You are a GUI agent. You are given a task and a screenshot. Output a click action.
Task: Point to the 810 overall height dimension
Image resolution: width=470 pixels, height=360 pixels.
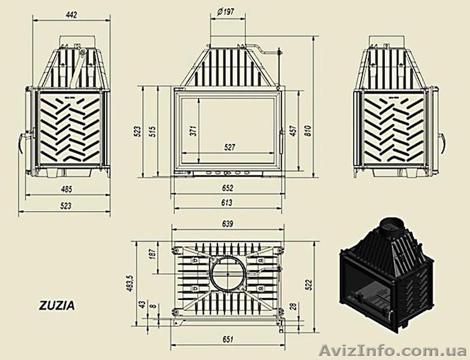(x=307, y=131)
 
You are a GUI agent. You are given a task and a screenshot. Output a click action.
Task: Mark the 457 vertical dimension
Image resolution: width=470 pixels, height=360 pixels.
(x=294, y=131)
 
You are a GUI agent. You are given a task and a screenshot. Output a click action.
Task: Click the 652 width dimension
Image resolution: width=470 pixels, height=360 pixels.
(x=227, y=188)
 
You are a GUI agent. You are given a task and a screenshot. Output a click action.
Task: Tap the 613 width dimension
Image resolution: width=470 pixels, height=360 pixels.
(x=227, y=204)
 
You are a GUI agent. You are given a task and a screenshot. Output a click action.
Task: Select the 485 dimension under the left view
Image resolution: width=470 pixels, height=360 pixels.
(x=66, y=190)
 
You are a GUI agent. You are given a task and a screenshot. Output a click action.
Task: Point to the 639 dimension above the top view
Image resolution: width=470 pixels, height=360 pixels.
(x=227, y=223)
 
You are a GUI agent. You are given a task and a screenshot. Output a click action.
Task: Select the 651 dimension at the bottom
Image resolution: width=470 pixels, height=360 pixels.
(x=227, y=340)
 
